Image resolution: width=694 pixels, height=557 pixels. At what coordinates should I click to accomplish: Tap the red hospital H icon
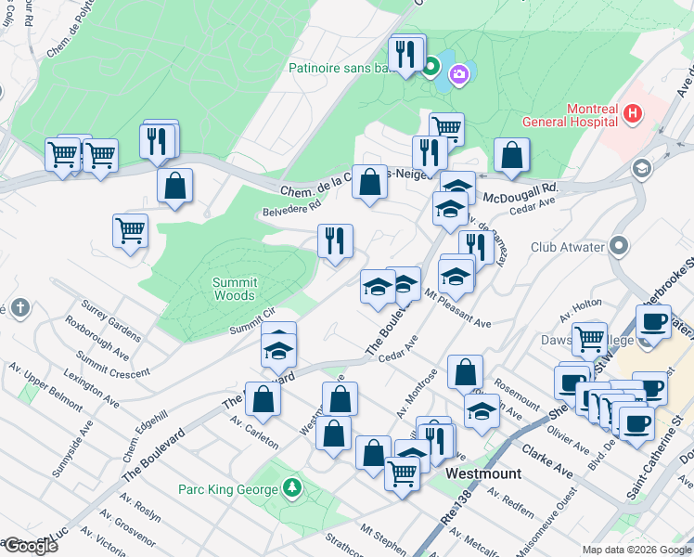pos(633,114)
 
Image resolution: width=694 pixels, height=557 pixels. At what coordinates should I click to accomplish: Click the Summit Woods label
pos(234,289)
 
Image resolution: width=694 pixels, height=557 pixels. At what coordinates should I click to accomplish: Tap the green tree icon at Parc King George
pos(292,487)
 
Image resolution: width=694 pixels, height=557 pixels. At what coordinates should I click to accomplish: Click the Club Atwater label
pos(569,248)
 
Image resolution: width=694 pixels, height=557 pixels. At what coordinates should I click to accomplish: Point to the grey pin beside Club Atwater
pos(621,247)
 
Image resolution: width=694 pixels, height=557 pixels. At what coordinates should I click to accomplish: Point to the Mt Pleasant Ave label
pos(456,309)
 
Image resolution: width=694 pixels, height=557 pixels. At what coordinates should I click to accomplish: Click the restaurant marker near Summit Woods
pos(335,241)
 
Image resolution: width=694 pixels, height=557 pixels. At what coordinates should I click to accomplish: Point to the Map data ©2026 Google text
pos(636,550)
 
